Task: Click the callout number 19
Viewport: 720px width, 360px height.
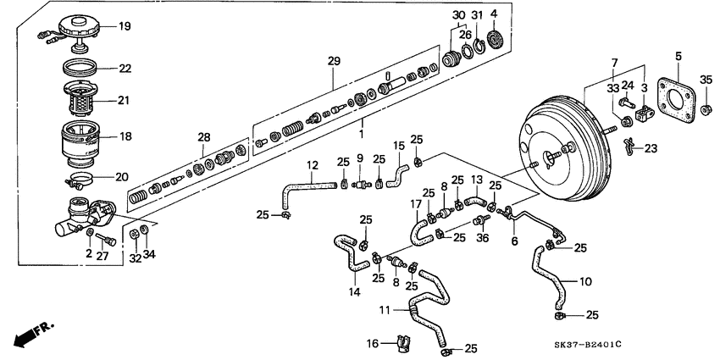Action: [125, 26]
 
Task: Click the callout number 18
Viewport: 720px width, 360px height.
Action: [125, 136]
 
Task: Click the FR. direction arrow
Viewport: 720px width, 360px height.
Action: [30, 331]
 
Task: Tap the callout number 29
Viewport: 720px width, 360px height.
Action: [333, 62]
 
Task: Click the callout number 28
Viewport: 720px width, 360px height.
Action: [202, 137]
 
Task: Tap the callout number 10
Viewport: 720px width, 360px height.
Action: [585, 281]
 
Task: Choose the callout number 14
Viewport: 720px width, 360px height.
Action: [352, 291]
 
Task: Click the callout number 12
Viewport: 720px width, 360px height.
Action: [312, 164]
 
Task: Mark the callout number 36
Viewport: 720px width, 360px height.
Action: [483, 239]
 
